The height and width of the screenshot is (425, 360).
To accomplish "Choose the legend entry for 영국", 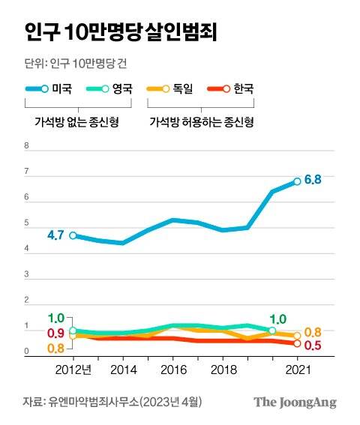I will (x=120, y=89).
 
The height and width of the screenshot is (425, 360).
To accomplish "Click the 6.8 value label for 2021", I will (x=313, y=179).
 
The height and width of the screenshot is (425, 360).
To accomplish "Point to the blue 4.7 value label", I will (x=55, y=235).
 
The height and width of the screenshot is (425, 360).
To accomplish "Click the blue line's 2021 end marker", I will (x=297, y=181).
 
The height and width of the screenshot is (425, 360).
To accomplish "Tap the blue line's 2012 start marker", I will (x=73, y=235).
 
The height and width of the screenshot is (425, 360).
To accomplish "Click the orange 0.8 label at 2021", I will (x=313, y=332).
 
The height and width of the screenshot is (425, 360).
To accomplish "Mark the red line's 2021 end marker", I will (x=297, y=343).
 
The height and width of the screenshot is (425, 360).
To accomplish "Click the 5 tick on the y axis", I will (x=27, y=224).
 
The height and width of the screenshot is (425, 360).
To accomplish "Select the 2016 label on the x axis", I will (x=172, y=370).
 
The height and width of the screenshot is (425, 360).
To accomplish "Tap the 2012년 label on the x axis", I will (x=73, y=370).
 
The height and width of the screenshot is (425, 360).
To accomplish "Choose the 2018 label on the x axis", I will (x=223, y=370).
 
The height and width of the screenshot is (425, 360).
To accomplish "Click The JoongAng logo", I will (x=294, y=403).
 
